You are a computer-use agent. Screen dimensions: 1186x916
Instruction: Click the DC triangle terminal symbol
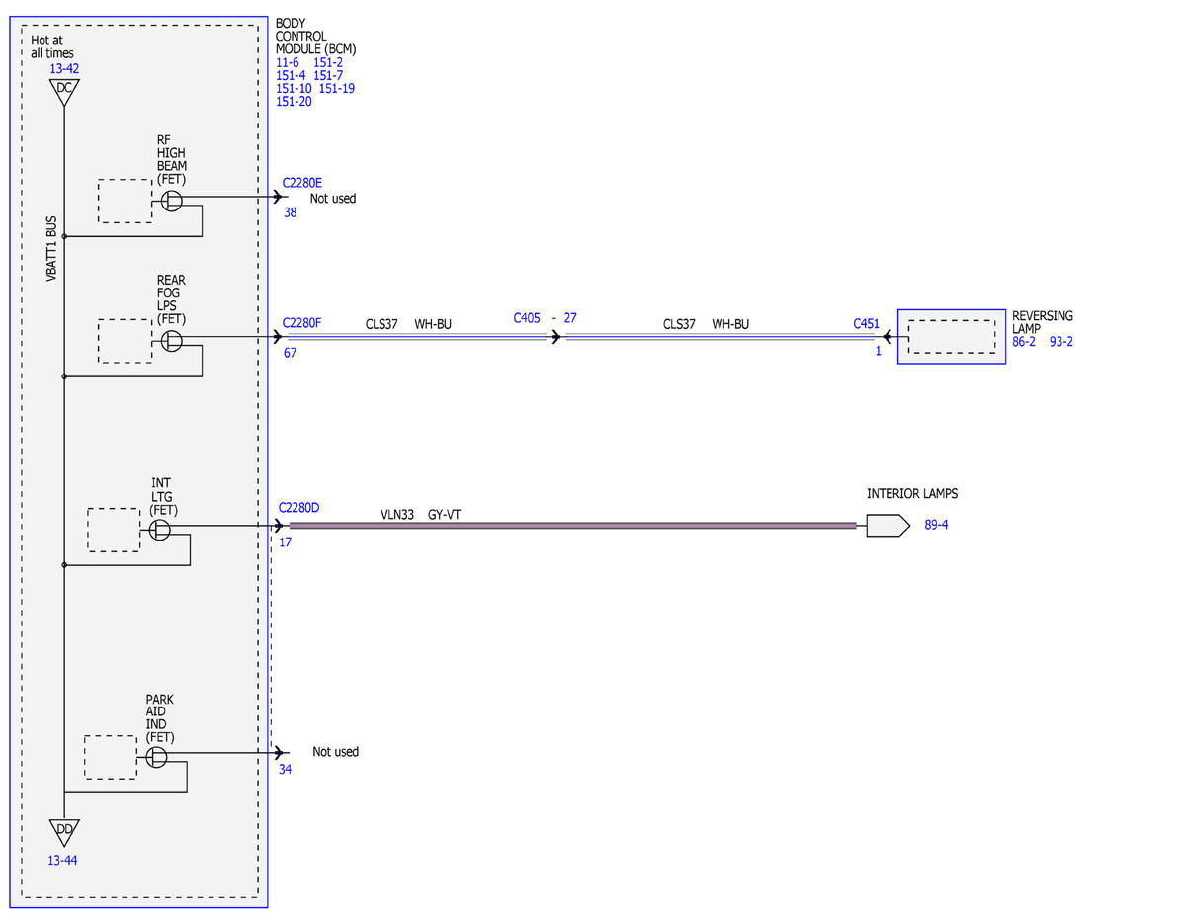point(64,91)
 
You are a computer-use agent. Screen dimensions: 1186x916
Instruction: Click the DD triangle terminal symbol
point(64,831)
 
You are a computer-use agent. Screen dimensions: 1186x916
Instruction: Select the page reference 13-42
point(64,69)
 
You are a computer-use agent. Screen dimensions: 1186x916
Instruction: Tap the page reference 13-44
point(62,861)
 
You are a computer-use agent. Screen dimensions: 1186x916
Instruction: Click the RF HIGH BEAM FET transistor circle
point(171,201)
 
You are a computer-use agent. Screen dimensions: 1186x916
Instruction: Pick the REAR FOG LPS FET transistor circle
point(171,341)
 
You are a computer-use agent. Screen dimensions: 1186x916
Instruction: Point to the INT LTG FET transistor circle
point(159,530)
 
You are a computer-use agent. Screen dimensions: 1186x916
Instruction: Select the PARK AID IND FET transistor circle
point(156,757)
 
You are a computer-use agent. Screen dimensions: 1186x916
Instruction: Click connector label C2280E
point(301,183)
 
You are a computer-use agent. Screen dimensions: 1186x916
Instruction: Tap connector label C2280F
point(301,323)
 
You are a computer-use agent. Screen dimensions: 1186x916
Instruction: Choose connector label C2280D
point(298,507)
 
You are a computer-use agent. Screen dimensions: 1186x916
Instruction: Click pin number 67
point(290,353)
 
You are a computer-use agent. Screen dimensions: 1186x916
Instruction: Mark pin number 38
point(290,212)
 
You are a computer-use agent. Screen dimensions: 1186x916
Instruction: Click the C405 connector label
point(526,318)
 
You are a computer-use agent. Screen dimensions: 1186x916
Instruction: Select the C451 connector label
point(866,323)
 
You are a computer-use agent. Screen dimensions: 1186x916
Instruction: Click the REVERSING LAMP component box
point(952,337)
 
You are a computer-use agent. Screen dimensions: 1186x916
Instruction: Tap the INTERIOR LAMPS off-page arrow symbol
point(888,526)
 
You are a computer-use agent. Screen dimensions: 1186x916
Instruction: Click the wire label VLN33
point(396,515)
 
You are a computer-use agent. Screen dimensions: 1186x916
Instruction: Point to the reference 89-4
point(936,525)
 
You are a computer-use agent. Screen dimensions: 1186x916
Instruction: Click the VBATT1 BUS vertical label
point(51,249)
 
